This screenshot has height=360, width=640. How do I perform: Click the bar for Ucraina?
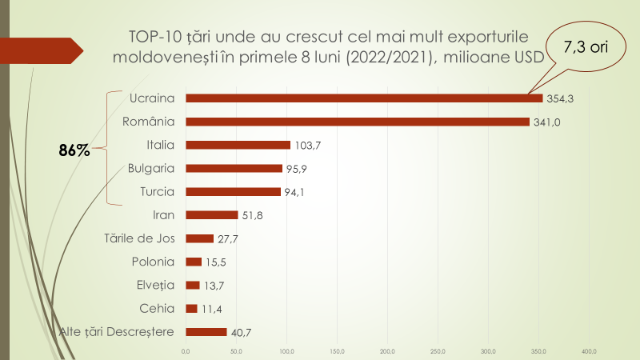point(364,98)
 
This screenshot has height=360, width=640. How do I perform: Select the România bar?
point(358,122)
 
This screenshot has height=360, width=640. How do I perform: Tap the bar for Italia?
point(238,145)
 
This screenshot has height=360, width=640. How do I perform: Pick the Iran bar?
point(211,215)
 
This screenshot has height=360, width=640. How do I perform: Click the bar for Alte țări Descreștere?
point(206,332)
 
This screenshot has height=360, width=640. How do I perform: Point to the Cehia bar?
point(191,309)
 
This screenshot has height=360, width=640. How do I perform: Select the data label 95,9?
point(297,169)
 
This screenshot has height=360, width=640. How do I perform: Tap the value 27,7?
point(227,238)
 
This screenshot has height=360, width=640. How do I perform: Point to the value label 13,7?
point(213,286)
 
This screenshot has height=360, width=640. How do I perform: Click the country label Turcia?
point(157,192)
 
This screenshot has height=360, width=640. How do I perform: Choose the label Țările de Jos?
point(140,238)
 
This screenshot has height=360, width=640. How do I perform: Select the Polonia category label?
point(153,262)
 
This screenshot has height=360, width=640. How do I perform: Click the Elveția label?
point(154,285)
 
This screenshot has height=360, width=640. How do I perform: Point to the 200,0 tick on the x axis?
point(388,350)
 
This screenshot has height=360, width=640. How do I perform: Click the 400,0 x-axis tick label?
point(590,350)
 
